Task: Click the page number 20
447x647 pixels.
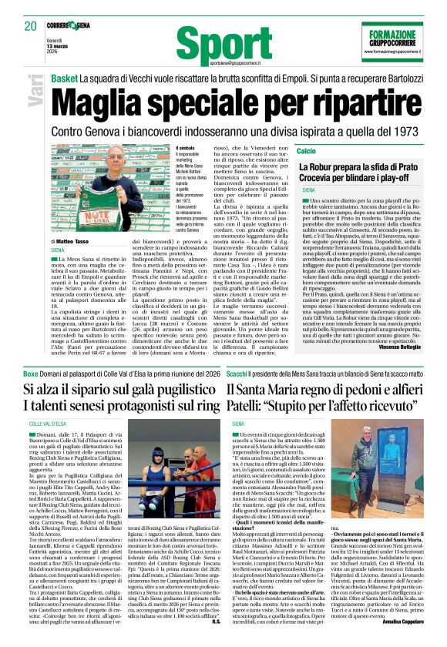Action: tap(30, 26)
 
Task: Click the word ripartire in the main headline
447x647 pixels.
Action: tap(351, 100)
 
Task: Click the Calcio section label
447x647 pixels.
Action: tap(308, 149)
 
